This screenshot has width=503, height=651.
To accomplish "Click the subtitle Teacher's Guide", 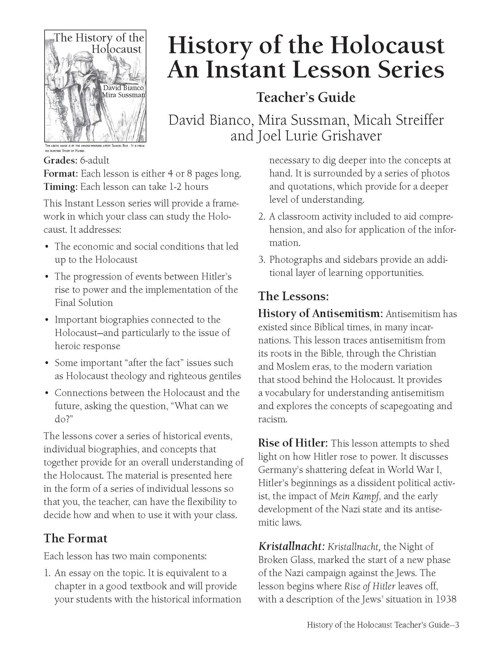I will pos(306,97).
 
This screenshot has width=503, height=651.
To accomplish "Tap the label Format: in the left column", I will pos(61,173).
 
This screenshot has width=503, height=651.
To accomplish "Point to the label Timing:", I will pos(61,187).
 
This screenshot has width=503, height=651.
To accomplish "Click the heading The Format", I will pos(75,538).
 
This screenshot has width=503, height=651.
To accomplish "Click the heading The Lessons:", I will pos(293,296).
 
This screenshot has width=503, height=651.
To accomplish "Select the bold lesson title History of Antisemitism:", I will pos(320,313).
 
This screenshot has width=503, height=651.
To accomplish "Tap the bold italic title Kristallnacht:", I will pos(291,546).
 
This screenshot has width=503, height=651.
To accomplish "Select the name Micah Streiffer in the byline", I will pos(398,120).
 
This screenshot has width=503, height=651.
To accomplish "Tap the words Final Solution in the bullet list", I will pos(84,303).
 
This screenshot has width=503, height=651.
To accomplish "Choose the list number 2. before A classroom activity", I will pos(262,217).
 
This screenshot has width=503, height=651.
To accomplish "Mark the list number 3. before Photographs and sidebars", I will pos(262,260).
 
